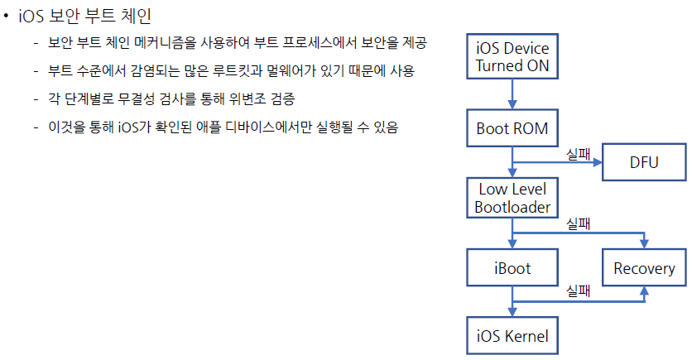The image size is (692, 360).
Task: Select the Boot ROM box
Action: (x=512, y=128)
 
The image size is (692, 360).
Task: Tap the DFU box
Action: (x=643, y=161)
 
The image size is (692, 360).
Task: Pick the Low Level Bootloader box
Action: (x=512, y=198)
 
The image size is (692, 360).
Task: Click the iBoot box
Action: (x=512, y=268)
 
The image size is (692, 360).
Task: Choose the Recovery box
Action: (x=643, y=268)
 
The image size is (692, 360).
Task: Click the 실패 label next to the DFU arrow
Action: (x=577, y=153)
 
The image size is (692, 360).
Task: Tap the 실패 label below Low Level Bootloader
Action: (x=577, y=223)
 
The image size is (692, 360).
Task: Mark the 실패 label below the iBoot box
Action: (x=577, y=290)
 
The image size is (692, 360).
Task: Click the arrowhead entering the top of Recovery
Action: (x=643, y=244)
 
